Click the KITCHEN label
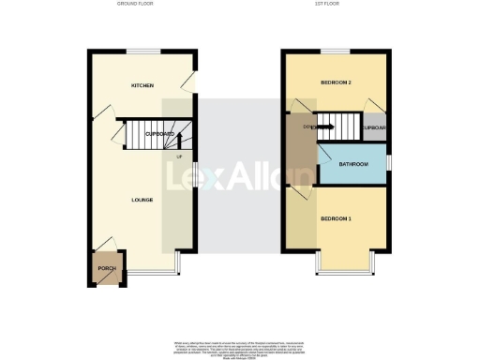pyautogui.click(x=142, y=85)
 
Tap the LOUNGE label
pyautogui.click(x=142, y=200)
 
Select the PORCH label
pyautogui.click(x=105, y=268)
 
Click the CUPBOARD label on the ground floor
pyautogui.click(x=159, y=134)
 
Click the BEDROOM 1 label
pyautogui.click(x=336, y=218)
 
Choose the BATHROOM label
pyautogui.click(x=353, y=164)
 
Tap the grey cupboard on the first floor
pyautogui.click(x=375, y=127)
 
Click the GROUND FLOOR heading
pyautogui.click(x=136, y=4)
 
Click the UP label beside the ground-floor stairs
pyautogui.click(x=179, y=156)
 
